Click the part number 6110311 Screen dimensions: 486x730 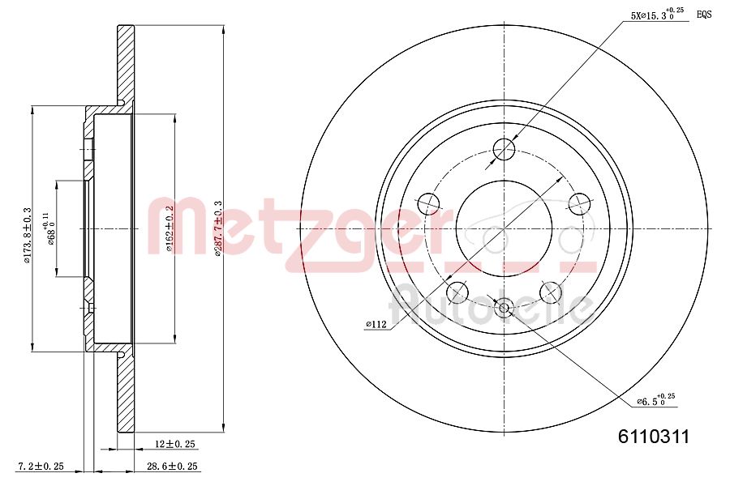click(653, 437)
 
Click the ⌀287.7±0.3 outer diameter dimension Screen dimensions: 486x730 click(217, 228)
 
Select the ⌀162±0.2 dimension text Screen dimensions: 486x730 click(170, 228)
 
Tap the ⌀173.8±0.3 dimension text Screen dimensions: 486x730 click(28, 228)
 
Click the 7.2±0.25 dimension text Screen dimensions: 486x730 click(41, 467)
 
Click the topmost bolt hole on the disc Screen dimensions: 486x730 click(505, 148)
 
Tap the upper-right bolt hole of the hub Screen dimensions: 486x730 click(579, 202)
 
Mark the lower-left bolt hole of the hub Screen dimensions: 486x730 click(457, 290)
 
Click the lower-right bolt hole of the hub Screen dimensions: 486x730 click(551, 290)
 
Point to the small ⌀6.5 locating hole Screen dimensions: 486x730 click(505, 306)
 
